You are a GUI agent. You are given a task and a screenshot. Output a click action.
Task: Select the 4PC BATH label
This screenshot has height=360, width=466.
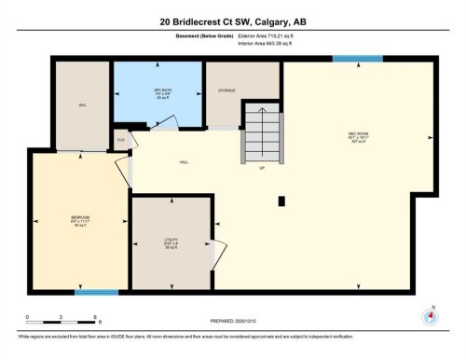[x=158, y=90]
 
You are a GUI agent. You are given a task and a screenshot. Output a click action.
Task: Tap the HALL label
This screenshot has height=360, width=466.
[x=184, y=162]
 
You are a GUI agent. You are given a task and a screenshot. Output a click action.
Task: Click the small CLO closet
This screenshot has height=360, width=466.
[x=120, y=141]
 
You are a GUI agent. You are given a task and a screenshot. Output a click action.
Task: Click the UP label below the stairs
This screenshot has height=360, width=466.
[x=262, y=168]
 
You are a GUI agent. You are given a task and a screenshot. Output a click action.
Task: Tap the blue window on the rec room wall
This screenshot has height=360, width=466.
[x=357, y=59]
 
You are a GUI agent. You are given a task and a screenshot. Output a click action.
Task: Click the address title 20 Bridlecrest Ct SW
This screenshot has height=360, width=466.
[x=232, y=21]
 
